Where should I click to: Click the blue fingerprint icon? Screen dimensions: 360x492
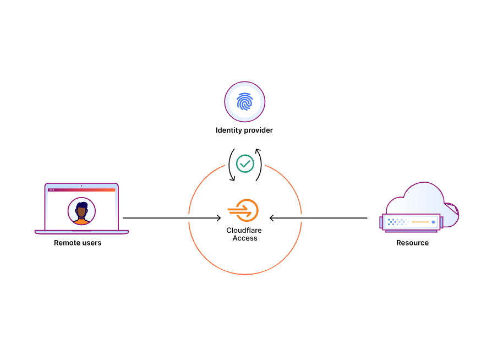pos(244,102)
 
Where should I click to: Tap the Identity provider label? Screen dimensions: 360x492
pos(244,130)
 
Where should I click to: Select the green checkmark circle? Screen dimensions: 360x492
pos(245,163)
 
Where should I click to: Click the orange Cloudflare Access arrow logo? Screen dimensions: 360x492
pos(243,210)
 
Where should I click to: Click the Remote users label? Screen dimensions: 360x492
pos(78,243)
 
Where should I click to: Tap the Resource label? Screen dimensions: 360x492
pos(412,243)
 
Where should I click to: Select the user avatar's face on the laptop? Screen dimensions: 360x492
pos(81,210)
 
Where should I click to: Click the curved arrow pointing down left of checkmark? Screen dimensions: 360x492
pos(231,165)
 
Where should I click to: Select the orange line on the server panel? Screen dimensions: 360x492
pos(420,222)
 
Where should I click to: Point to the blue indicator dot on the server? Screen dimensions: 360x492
pos(434,222)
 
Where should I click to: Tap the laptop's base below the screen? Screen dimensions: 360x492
pos(81,232)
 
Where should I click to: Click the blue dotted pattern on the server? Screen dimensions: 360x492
pos(396,222)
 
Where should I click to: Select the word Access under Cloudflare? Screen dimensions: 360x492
pos(245,238)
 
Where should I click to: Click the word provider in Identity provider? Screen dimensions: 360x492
pos(258,130)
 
